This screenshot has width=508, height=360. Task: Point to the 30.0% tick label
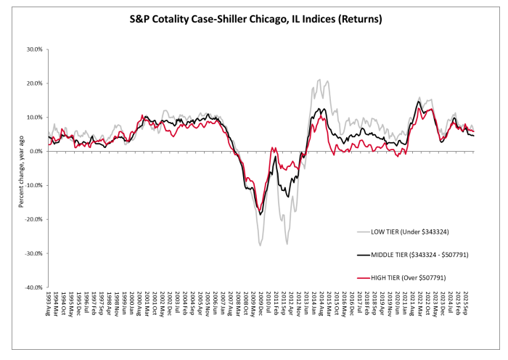pyautogui.click(x=34, y=49)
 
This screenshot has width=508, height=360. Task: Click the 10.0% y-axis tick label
pyautogui.click(x=34, y=118)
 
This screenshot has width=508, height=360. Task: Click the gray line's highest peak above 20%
pyautogui.click(x=319, y=80)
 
